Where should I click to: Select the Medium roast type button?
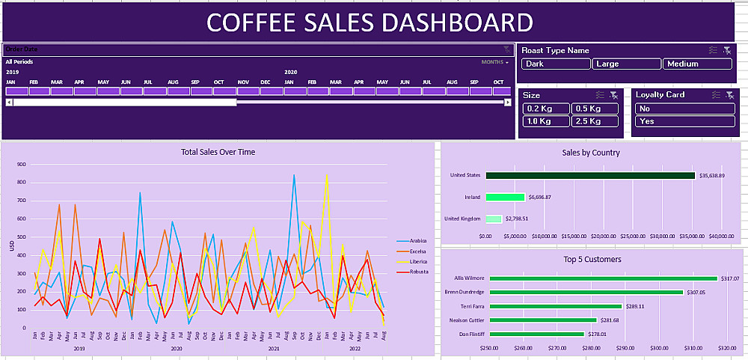click(697, 64)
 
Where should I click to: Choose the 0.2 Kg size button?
click(545, 109)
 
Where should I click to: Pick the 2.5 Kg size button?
click(595, 121)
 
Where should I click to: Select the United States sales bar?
click(590, 176)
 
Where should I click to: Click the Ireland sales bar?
click(505, 198)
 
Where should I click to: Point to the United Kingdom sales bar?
click(494, 219)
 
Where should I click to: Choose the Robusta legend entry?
click(417, 272)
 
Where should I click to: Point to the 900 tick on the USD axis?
click(21, 165)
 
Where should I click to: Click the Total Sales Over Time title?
click(218, 152)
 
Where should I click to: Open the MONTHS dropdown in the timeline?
click(494, 62)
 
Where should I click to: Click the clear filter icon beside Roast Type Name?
click(727, 50)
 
